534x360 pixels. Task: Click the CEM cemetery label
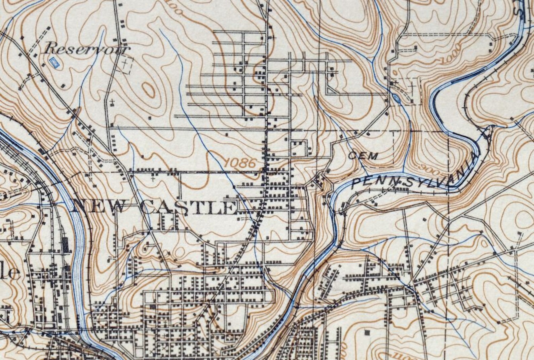click(363, 155)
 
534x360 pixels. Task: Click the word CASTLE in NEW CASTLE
click(188, 208)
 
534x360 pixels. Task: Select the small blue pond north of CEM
click(396, 98)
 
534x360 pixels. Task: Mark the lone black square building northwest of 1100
click(367, 332)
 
